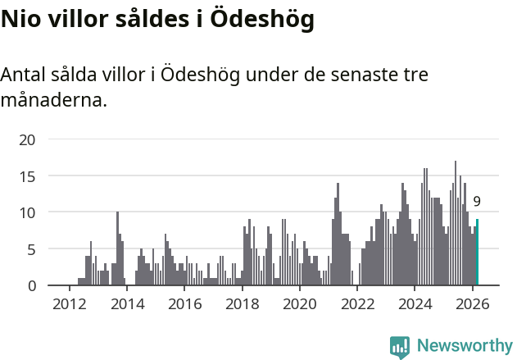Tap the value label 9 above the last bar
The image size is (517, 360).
click(477, 202)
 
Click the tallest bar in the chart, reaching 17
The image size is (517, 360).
click(456, 223)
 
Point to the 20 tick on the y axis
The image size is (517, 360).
click(27, 140)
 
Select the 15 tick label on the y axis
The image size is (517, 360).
click(27, 176)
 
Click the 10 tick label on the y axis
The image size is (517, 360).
click(27, 212)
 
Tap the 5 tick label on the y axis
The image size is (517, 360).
click(31, 249)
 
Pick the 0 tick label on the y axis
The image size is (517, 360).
click(31, 285)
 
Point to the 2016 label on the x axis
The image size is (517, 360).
click(184, 303)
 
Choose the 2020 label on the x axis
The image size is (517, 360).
click(300, 303)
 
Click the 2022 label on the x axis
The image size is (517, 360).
click(357, 303)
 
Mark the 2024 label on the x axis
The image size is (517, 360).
click(415, 303)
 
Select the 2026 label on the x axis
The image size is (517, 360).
click(473, 303)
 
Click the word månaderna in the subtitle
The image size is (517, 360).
click(53, 101)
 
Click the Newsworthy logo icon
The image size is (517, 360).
click(400, 347)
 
